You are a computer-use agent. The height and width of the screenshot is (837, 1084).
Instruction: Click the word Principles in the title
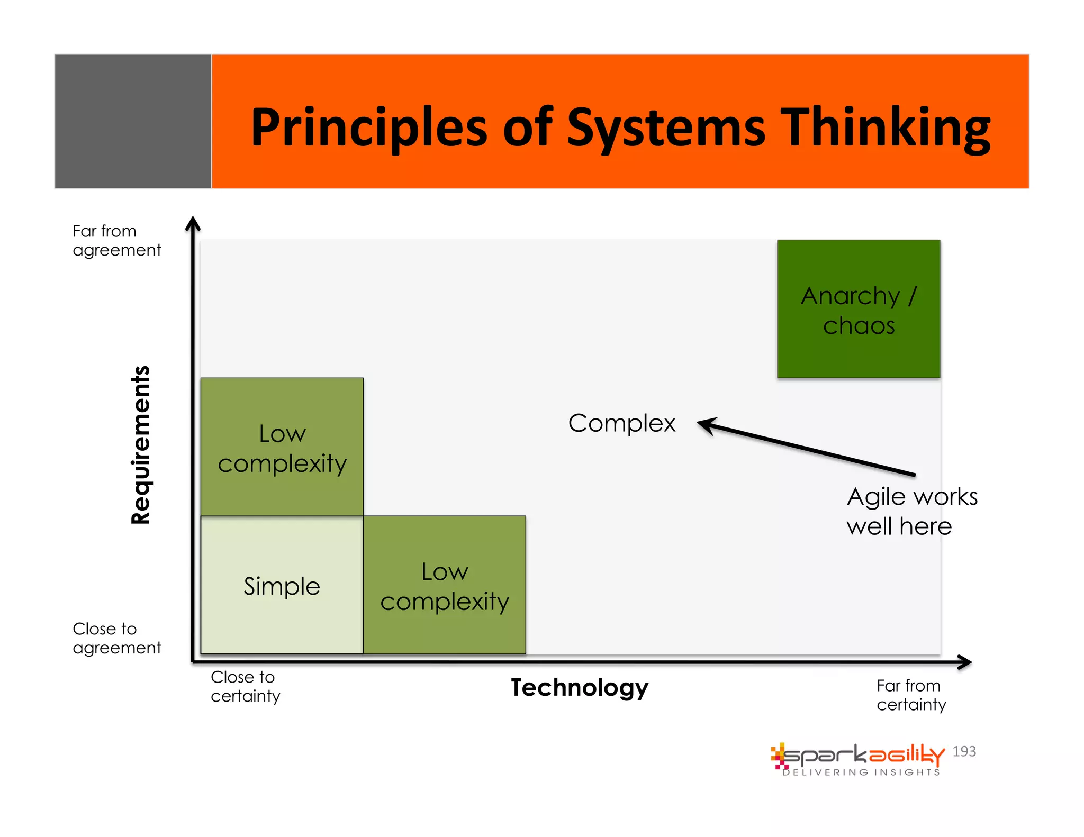click(368, 128)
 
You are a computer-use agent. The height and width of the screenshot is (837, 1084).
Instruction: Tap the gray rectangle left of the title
click(133, 121)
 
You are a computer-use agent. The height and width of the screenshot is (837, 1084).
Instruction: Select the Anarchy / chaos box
click(858, 309)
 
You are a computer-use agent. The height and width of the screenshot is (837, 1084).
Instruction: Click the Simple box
click(282, 585)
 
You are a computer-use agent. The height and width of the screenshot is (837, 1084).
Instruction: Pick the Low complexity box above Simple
click(282, 447)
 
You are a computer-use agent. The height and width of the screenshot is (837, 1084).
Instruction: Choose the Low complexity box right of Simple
click(444, 585)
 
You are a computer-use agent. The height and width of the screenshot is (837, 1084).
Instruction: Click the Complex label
click(621, 423)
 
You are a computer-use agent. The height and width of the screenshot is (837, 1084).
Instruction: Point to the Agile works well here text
click(911, 511)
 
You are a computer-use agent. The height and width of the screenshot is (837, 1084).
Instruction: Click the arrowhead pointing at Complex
click(707, 424)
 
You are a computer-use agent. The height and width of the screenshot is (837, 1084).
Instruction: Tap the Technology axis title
click(579, 687)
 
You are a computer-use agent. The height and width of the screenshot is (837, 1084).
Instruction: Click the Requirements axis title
click(141, 445)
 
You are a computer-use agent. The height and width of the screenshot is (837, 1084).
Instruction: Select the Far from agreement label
click(116, 240)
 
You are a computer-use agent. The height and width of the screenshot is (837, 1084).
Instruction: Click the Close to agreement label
click(116, 638)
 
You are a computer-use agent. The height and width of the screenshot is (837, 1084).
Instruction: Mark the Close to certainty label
click(245, 686)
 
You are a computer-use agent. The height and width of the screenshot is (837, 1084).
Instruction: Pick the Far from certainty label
click(910, 695)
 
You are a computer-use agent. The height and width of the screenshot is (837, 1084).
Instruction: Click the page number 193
click(964, 751)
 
